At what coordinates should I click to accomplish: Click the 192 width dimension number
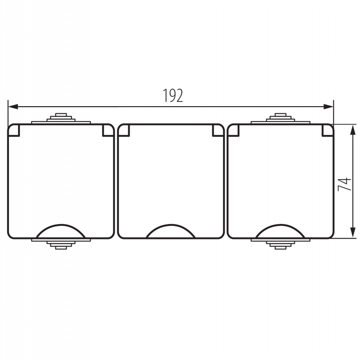coord(173,95)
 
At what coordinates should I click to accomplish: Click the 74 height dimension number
coord(344,184)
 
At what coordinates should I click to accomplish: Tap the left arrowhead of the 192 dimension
coord(13,107)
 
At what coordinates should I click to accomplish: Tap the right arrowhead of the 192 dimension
coord(328,107)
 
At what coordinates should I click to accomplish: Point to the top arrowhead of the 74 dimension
coord(353,130)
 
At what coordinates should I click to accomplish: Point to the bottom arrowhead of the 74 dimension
coord(353,233)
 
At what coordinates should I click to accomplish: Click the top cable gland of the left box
coord(61,118)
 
